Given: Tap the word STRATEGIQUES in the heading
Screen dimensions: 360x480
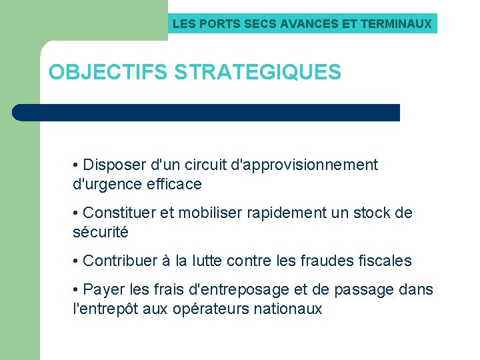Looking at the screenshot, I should point(258,72).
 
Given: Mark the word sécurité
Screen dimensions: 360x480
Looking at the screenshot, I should point(100,233).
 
